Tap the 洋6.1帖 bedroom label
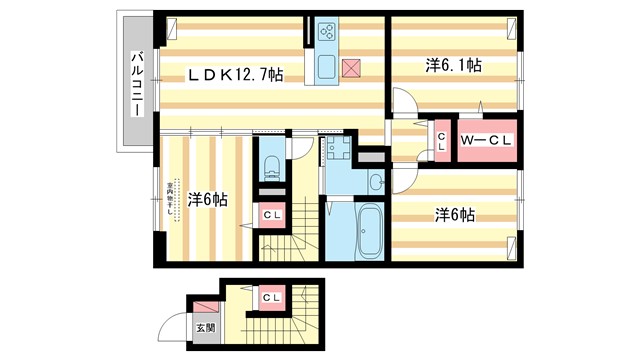point(453,66)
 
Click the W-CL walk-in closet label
point(486,141)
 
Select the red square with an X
point(350,68)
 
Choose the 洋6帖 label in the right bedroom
point(454,214)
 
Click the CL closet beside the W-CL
point(441,141)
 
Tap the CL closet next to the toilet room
point(271,215)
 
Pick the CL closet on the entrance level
point(271,298)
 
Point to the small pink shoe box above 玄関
point(205,307)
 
